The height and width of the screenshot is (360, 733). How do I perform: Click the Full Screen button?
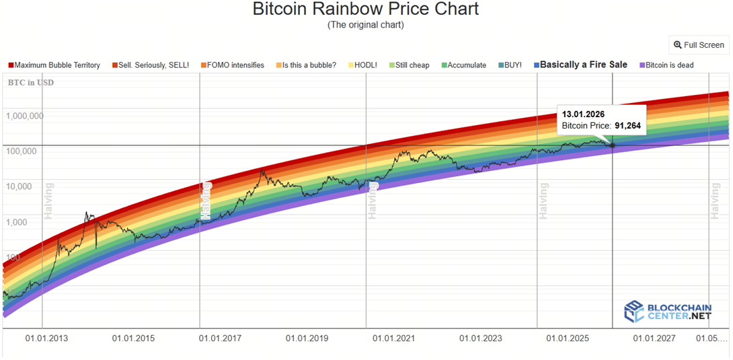(699, 45)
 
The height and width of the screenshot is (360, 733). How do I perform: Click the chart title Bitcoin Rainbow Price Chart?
(366, 9)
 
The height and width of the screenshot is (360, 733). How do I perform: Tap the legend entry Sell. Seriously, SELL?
(150, 65)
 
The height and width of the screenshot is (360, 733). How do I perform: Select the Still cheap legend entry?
(408, 65)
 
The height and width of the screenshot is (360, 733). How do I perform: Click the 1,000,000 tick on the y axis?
(25, 116)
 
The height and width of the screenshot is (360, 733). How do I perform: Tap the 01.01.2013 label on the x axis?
(46, 338)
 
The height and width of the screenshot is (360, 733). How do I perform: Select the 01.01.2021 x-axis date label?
(394, 338)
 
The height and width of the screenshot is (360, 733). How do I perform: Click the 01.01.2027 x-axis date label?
(654, 338)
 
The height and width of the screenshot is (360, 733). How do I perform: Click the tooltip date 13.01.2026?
(583, 114)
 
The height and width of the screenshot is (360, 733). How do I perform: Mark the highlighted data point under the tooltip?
(612, 145)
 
